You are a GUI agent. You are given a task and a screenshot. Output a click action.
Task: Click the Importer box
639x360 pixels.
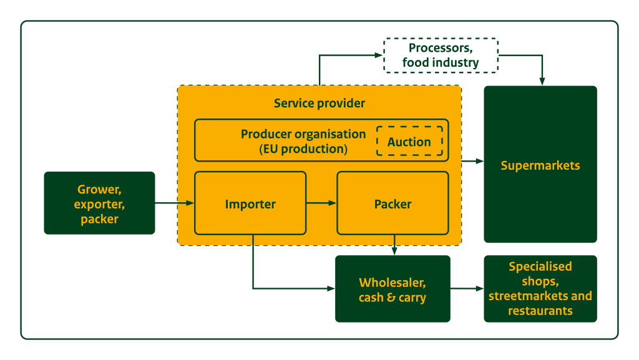pyautogui.click(x=250, y=203)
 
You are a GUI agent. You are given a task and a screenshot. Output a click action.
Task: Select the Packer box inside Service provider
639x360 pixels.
pyautogui.click(x=393, y=203)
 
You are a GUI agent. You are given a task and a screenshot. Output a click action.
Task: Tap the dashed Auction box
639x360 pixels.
pyautogui.click(x=409, y=142)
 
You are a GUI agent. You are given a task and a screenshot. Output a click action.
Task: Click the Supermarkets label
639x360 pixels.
pyautogui.click(x=540, y=165)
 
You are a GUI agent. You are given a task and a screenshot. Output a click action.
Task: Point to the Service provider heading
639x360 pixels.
pyautogui.click(x=319, y=103)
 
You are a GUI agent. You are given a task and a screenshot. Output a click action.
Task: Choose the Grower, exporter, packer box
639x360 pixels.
pyautogui.click(x=99, y=203)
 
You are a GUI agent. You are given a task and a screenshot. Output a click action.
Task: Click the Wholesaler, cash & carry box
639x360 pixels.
pyautogui.click(x=393, y=289)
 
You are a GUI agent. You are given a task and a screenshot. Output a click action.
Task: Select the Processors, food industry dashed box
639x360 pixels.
pyautogui.click(x=441, y=56)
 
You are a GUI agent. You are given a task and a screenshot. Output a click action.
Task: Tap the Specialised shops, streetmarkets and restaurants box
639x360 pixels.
pyautogui.click(x=540, y=289)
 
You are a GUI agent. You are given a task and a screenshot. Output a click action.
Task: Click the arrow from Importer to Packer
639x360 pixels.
pyautogui.click(x=321, y=203)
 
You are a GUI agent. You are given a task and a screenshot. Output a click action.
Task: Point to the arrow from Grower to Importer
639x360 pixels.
pyautogui.click(x=175, y=203)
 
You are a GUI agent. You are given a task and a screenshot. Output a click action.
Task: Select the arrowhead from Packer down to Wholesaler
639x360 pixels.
pyautogui.click(x=394, y=251)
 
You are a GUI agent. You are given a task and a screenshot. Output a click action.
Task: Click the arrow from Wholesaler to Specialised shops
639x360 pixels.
pyautogui.click(x=467, y=289)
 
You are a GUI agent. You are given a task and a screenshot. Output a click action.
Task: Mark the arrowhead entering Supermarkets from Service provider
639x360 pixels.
pyautogui.click(x=479, y=161)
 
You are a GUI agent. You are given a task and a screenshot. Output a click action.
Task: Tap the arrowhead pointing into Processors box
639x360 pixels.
pyautogui.click(x=378, y=56)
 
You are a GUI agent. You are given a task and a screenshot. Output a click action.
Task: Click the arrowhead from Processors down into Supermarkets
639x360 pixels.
pyautogui.click(x=542, y=81)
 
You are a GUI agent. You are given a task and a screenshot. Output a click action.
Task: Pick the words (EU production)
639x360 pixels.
pyautogui.click(x=303, y=149)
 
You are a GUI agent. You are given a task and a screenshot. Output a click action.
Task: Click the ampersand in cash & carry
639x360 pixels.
pyautogui.click(x=393, y=298)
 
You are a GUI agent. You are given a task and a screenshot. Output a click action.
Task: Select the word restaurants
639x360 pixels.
pyautogui.click(x=540, y=311)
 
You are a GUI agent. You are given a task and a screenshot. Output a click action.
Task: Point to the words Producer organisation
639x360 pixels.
pyautogui.click(x=303, y=134)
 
